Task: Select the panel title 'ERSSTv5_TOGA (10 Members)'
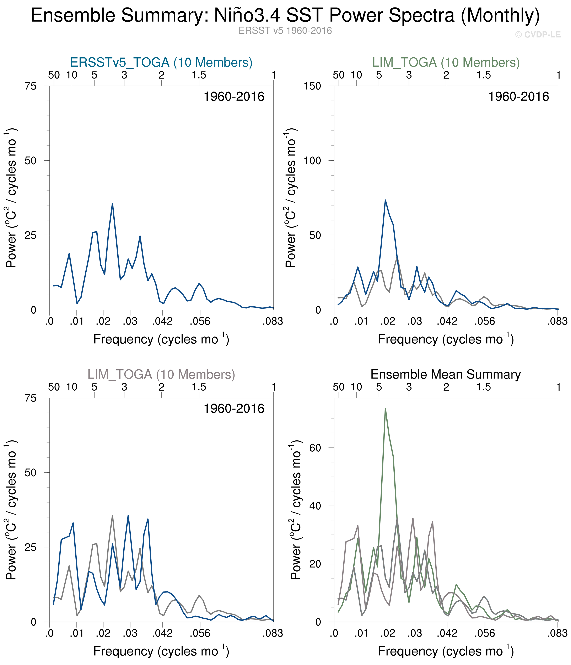click(x=161, y=62)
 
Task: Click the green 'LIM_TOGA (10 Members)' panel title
click(x=446, y=62)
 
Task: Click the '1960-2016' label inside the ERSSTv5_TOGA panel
click(x=234, y=97)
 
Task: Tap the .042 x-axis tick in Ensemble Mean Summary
click(x=447, y=633)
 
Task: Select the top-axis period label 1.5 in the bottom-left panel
click(x=199, y=387)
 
